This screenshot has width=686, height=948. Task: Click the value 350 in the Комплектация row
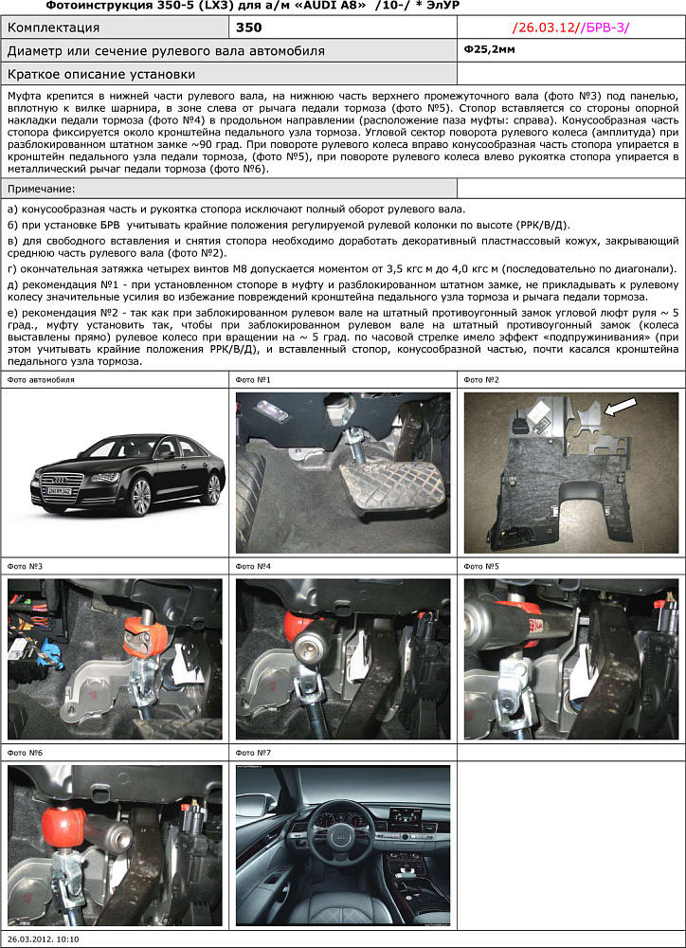(249, 27)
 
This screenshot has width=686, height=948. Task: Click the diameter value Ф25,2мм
(491, 49)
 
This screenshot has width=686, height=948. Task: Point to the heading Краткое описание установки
(101, 73)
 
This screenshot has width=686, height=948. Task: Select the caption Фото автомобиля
(41, 379)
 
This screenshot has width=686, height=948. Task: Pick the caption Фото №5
(481, 566)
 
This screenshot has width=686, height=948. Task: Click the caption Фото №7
(253, 752)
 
